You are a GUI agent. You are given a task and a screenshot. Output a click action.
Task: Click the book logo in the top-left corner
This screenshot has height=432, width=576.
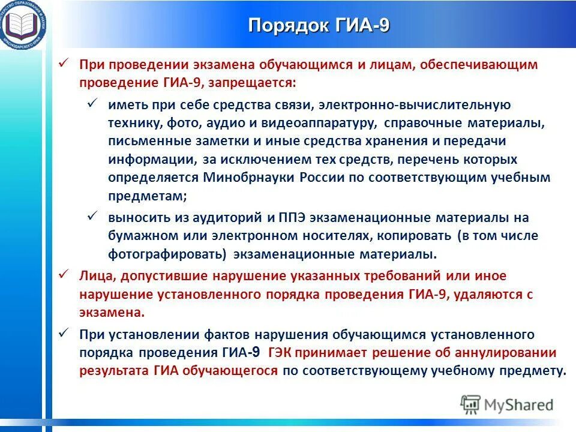[x=23, y=24]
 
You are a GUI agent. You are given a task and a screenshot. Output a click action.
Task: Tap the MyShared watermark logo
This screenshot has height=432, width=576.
[x=507, y=404]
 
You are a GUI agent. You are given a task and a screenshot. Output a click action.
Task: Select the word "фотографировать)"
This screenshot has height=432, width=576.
[x=167, y=254]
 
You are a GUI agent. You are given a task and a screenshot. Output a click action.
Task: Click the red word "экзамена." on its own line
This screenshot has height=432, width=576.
[x=112, y=313]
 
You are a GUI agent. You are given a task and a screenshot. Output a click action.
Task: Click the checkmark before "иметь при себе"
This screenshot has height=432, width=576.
[x=93, y=104]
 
